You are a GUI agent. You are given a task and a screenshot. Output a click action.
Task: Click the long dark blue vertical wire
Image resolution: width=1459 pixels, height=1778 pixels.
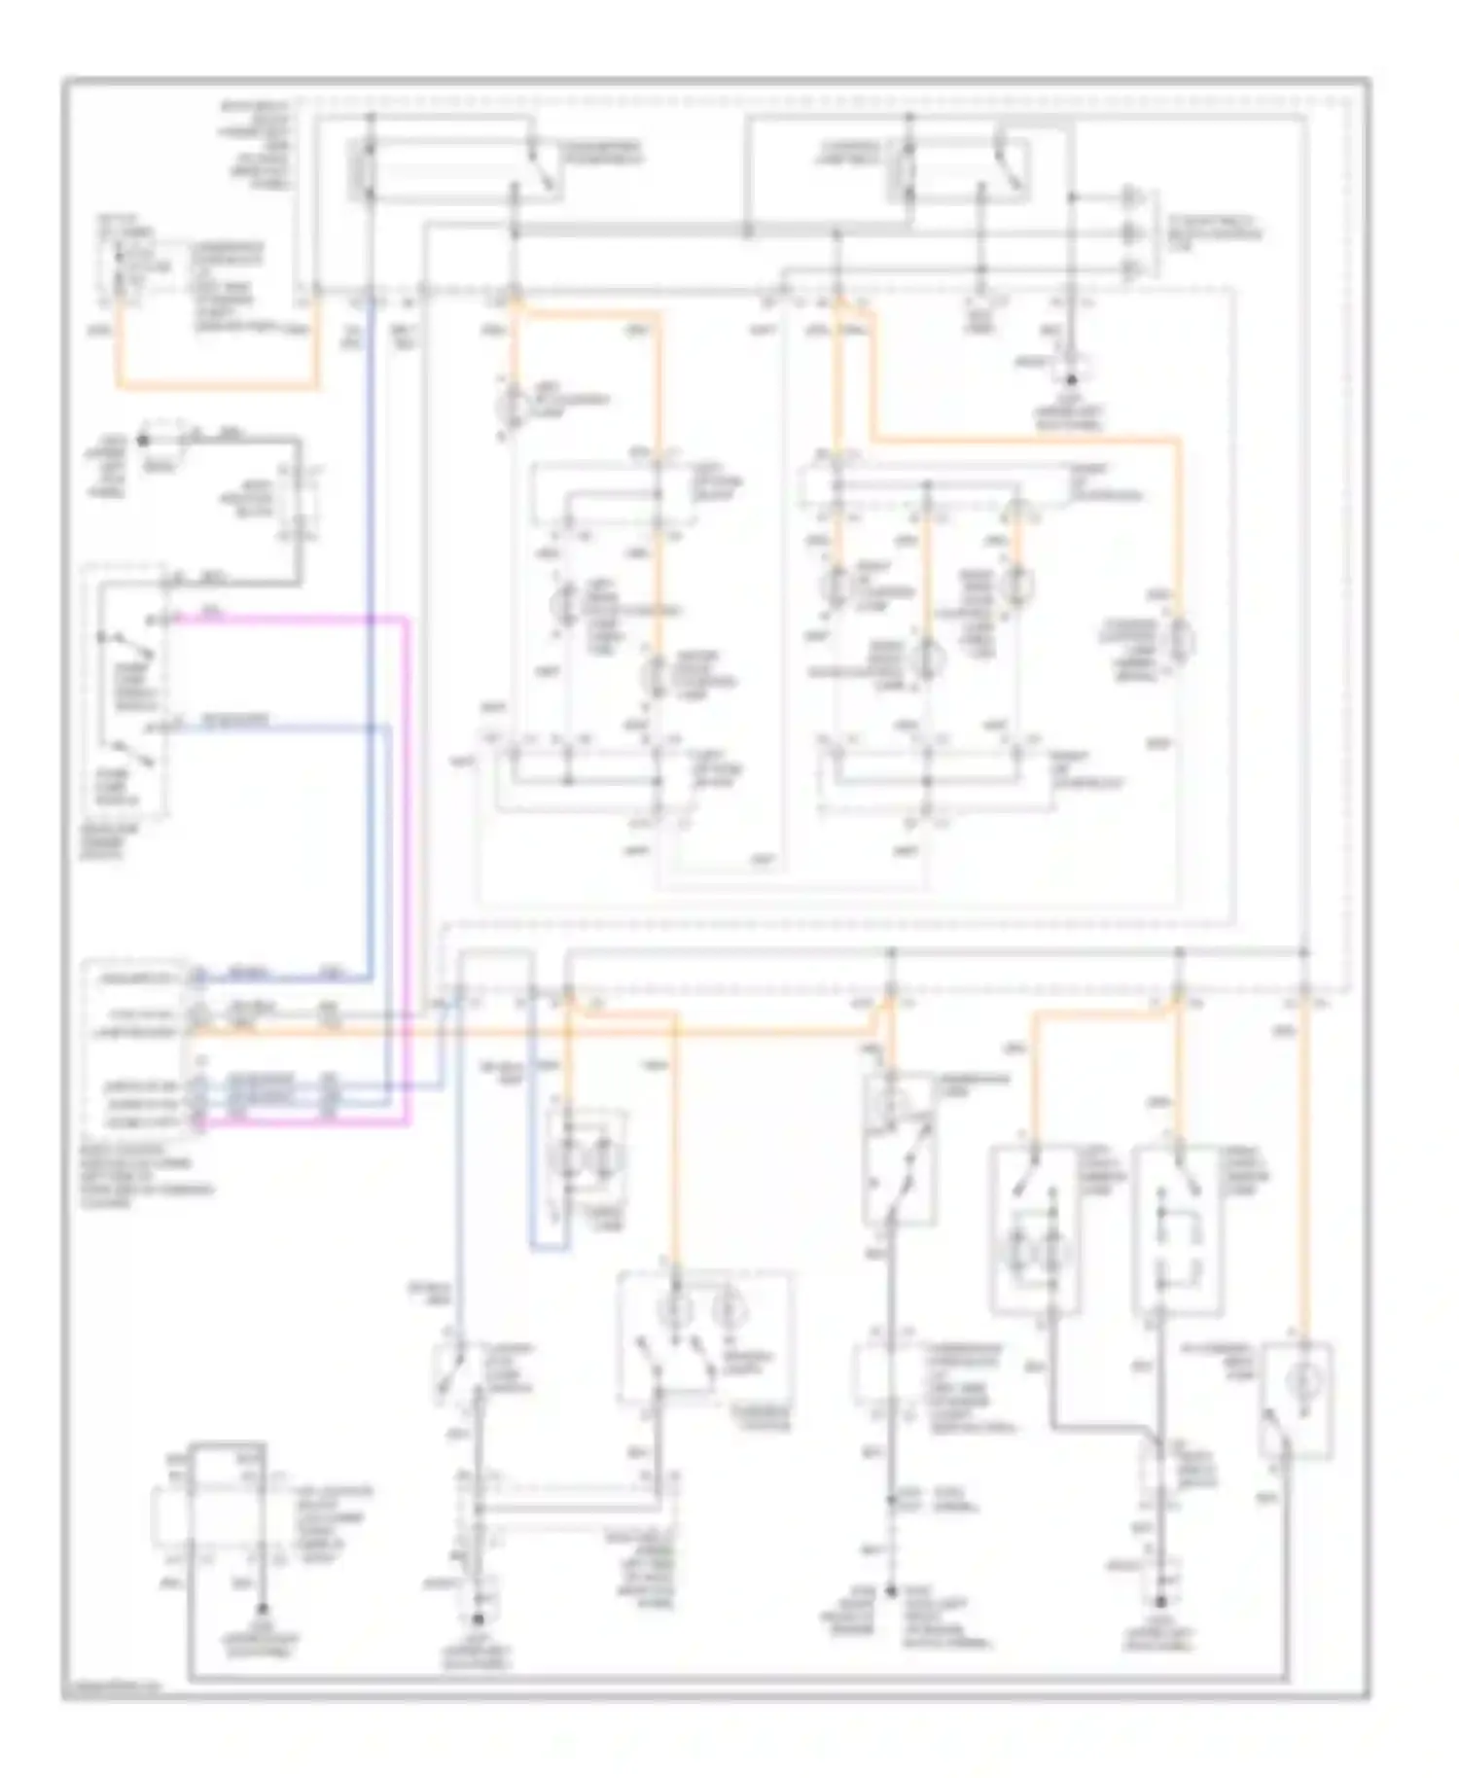[x=371, y=632]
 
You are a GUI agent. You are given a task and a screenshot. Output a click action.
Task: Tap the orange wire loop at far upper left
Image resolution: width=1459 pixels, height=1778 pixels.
[x=214, y=386]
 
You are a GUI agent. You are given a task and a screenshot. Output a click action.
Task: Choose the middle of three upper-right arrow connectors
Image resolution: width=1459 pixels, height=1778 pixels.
[x=1130, y=233]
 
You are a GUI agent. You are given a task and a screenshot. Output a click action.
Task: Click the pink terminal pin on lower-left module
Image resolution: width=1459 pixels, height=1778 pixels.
[x=198, y=1125]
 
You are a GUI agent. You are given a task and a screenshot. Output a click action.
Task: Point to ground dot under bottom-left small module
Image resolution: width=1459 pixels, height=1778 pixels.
[x=260, y=1582]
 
